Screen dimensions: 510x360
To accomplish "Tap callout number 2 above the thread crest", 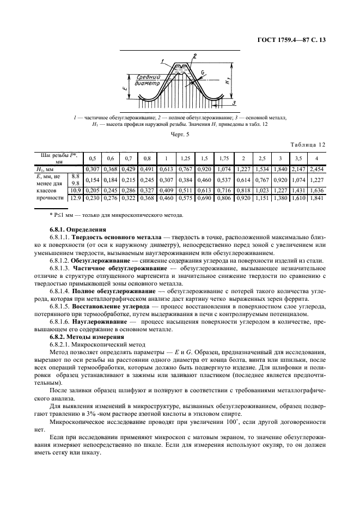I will point(194,56).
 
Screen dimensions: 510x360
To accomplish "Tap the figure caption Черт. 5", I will point(180,133).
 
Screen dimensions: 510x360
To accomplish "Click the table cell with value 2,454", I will point(316,169).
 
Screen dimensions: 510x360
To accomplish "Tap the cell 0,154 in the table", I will point(92,179).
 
